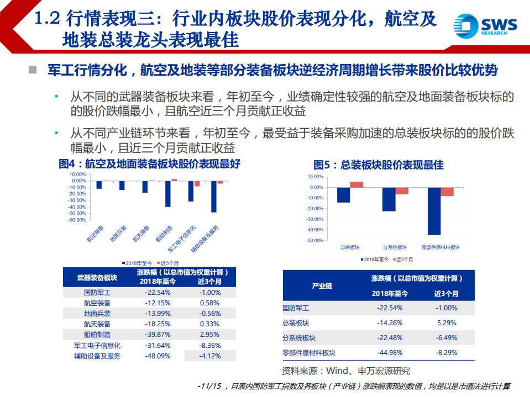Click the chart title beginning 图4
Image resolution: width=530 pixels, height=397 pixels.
point(149,164)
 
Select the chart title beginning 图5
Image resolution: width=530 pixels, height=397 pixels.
point(378,165)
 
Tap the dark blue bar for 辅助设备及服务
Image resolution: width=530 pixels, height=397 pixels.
point(213,197)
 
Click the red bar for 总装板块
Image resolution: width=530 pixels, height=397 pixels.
point(356,184)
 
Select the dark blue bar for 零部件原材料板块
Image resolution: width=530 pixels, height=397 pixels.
point(434,211)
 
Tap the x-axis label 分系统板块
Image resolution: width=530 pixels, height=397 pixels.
point(395,247)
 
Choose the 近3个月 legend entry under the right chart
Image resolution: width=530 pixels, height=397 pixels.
point(404,259)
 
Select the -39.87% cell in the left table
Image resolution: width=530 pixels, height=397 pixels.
point(158,335)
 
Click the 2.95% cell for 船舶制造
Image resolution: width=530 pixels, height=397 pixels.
point(209,335)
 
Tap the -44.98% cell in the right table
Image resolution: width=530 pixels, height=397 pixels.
point(390,352)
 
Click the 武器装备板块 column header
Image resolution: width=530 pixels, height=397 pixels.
point(97,277)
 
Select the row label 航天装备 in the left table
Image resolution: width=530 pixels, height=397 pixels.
point(97,324)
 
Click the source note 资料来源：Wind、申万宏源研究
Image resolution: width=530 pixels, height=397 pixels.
point(346,370)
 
